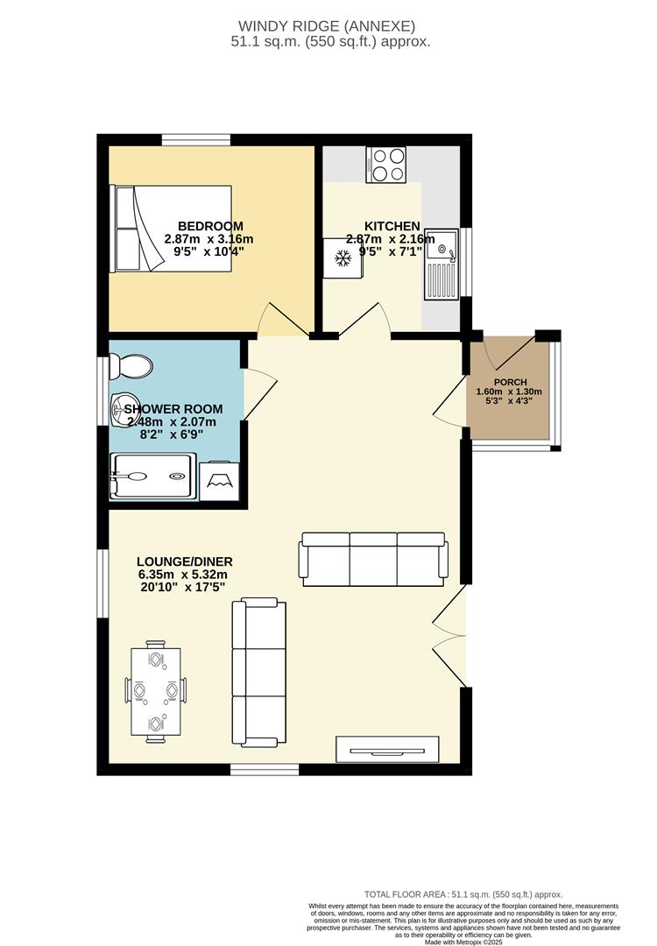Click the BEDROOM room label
click(x=209, y=225)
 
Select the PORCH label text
click(x=509, y=381)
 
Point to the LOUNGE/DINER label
click(x=185, y=561)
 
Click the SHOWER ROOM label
click(x=173, y=409)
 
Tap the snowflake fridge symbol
click(x=343, y=258)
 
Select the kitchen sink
click(x=441, y=263)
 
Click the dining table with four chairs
click(x=156, y=691)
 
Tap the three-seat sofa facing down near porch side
click(x=373, y=558)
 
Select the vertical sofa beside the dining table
click(x=258, y=673)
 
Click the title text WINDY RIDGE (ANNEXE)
click(x=328, y=26)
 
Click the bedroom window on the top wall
click(x=195, y=138)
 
